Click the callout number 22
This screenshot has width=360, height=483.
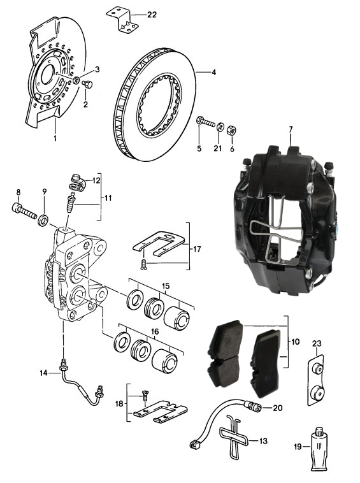(x=152, y=15)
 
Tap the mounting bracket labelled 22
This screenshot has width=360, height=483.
(x=122, y=20)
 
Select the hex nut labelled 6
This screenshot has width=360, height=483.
(x=231, y=131)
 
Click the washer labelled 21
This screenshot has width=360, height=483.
(x=220, y=127)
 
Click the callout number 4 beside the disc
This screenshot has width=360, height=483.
(x=213, y=73)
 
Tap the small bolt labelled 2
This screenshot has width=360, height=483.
(x=87, y=83)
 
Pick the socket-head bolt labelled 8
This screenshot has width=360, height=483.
(x=25, y=210)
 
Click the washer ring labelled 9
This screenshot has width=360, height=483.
(x=43, y=220)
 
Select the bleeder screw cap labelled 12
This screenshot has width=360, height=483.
(x=77, y=184)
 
